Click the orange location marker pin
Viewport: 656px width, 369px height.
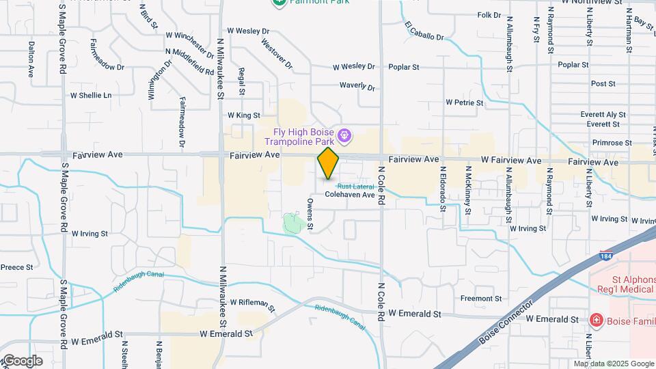tap(328, 163)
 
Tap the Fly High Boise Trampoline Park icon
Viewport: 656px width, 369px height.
tap(346, 136)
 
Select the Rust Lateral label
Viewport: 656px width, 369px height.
tap(353, 186)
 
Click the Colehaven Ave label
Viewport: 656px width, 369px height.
tap(350, 195)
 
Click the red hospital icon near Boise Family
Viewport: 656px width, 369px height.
tap(595, 320)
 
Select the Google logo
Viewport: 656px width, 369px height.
tap(22, 360)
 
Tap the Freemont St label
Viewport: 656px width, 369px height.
tap(481, 299)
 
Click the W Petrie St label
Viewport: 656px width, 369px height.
tap(465, 102)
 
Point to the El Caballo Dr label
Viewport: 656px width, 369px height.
tap(425, 31)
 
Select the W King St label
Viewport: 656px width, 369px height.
tap(244, 115)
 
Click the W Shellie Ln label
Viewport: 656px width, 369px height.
tap(90, 96)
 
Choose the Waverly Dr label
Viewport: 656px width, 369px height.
tap(357, 87)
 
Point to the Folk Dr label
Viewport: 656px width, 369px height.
tap(489, 15)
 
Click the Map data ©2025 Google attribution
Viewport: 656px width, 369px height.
tap(613, 364)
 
